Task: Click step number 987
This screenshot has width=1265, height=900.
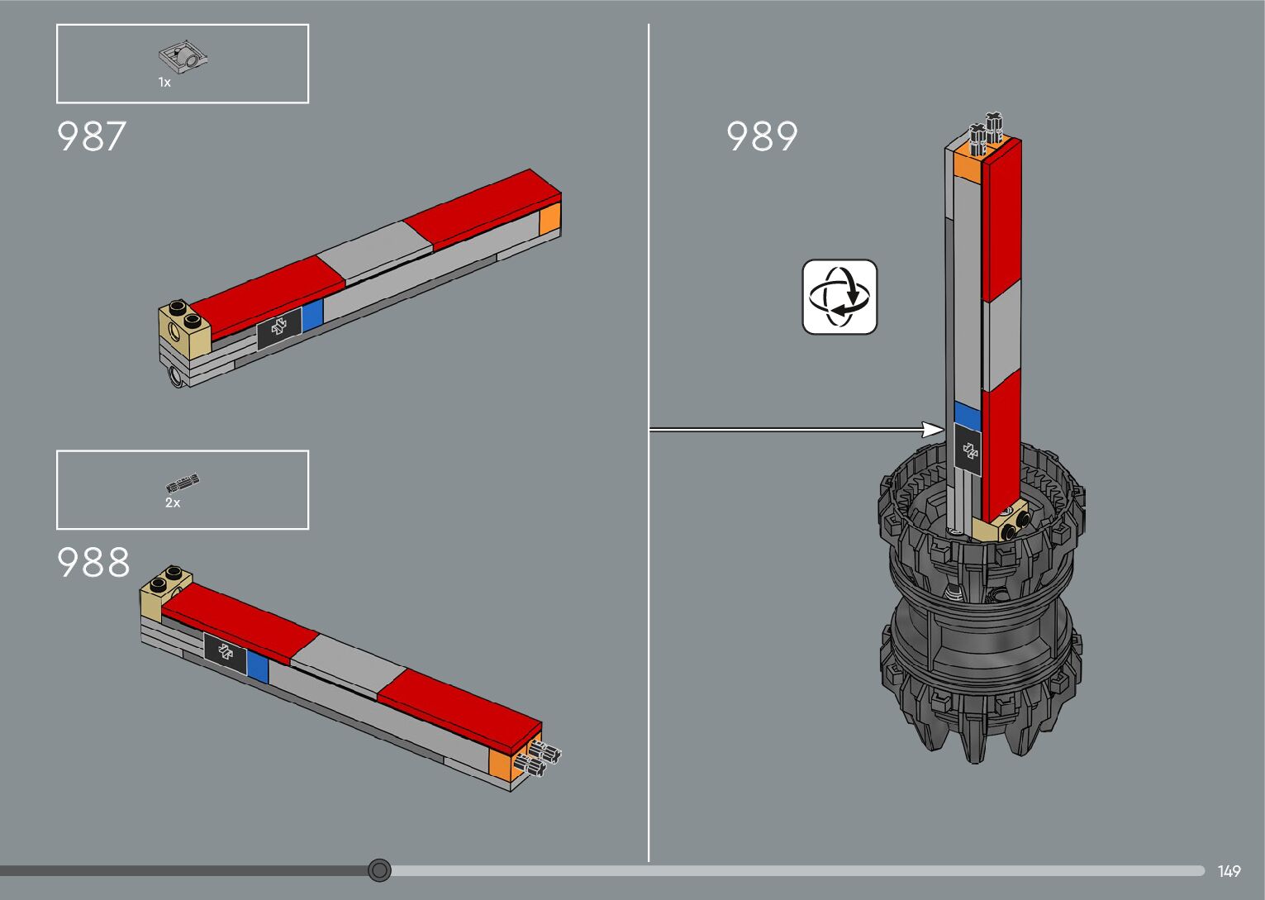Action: (x=92, y=136)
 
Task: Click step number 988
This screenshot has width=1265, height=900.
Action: (x=93, y=562)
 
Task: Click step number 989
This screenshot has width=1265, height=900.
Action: (x=762, y=136)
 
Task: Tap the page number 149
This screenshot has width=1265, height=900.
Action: (x=1229, y=871)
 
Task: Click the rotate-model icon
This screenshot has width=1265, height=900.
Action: (x=839, y=297)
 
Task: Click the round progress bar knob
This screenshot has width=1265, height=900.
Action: (x=379, y=870)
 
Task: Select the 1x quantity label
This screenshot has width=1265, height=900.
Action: (x=164, y=83)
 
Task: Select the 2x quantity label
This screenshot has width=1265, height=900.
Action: (x=173, y=502)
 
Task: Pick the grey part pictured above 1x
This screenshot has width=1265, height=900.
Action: (x=183, y=56)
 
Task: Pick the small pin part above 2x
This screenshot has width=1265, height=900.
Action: (x=182, y=483)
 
